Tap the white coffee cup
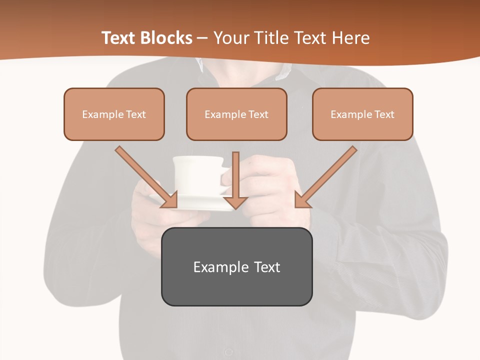[197, 175]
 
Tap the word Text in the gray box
[267, 267]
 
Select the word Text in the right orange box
[384, 114]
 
